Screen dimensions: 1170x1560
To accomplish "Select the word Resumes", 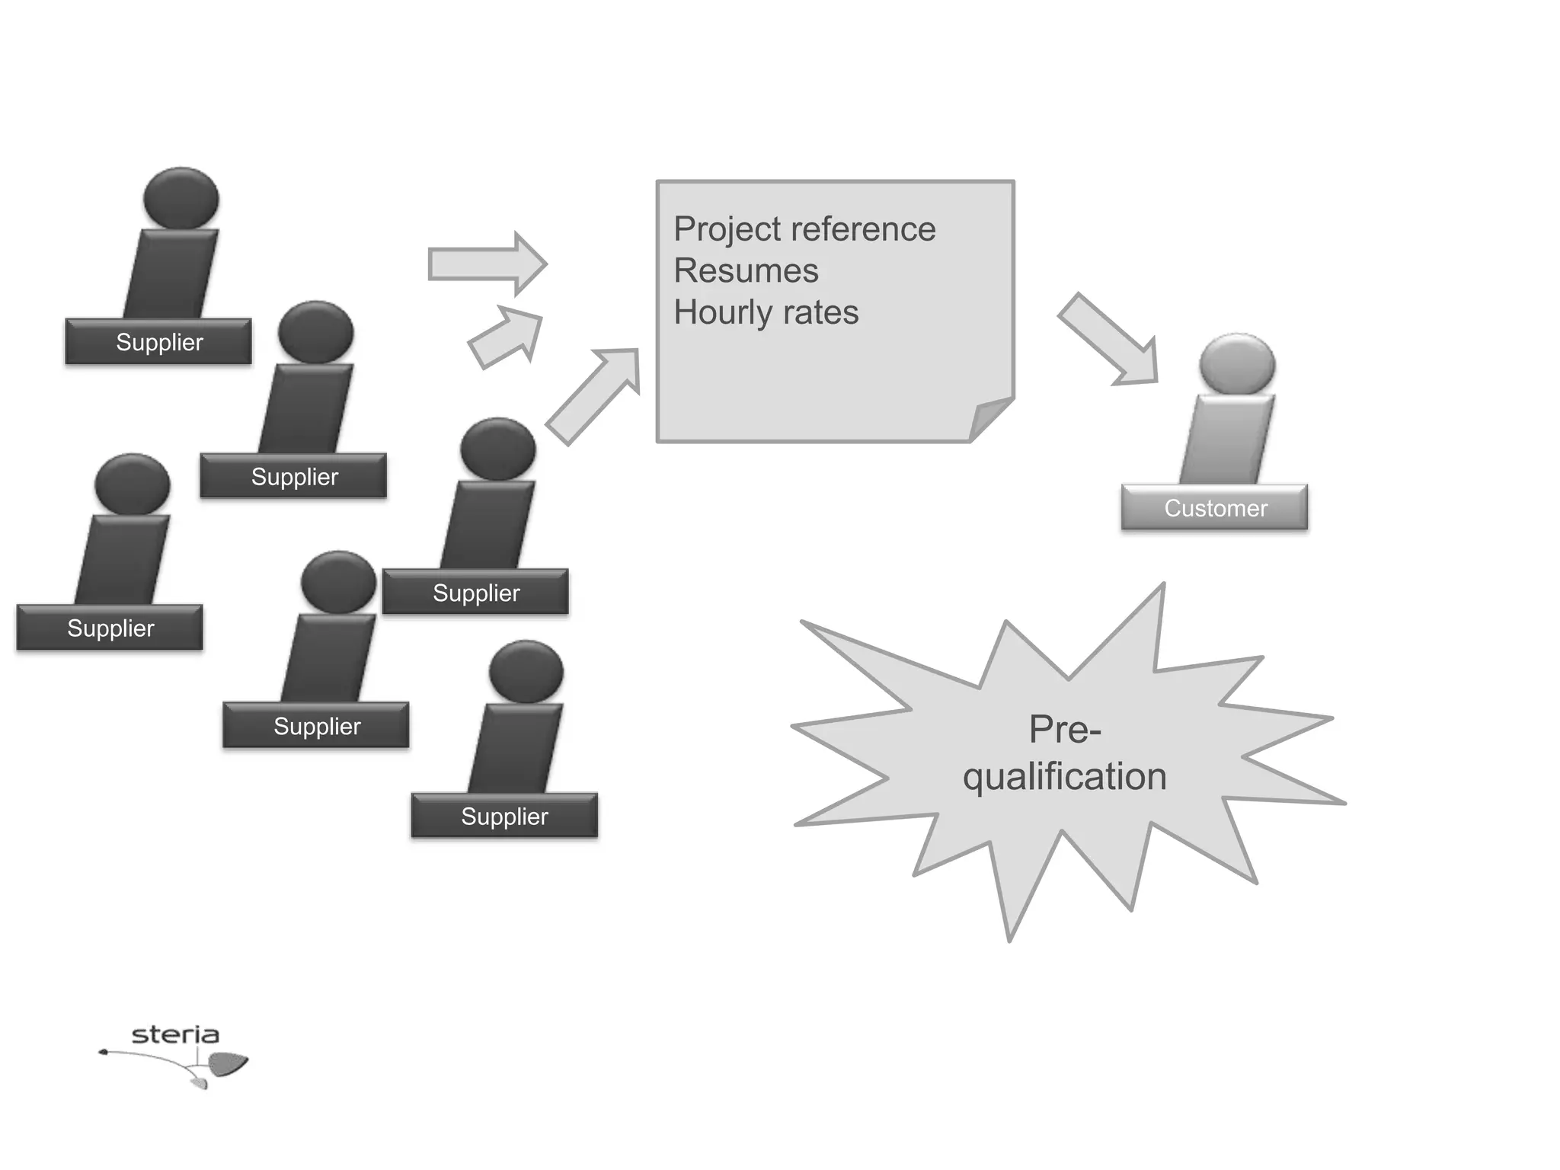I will (746, 271).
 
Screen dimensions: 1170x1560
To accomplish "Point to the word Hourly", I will (722, 313).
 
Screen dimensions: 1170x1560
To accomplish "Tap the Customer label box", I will (1214, 507).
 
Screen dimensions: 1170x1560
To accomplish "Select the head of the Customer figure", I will (1236, 364).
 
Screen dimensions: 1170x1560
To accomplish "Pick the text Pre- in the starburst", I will (1065, 729).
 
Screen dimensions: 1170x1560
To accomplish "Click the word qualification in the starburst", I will (1064, 777).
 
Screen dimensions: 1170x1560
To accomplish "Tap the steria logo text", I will (175, 1034).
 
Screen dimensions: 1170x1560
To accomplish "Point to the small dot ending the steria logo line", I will (103, 1053).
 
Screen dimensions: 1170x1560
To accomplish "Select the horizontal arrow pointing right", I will (487, 264).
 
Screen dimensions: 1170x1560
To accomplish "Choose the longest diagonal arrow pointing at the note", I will (593, 395).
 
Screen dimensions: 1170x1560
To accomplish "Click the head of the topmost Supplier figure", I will (181, 198).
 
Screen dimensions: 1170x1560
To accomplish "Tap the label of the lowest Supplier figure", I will (504, 816).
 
